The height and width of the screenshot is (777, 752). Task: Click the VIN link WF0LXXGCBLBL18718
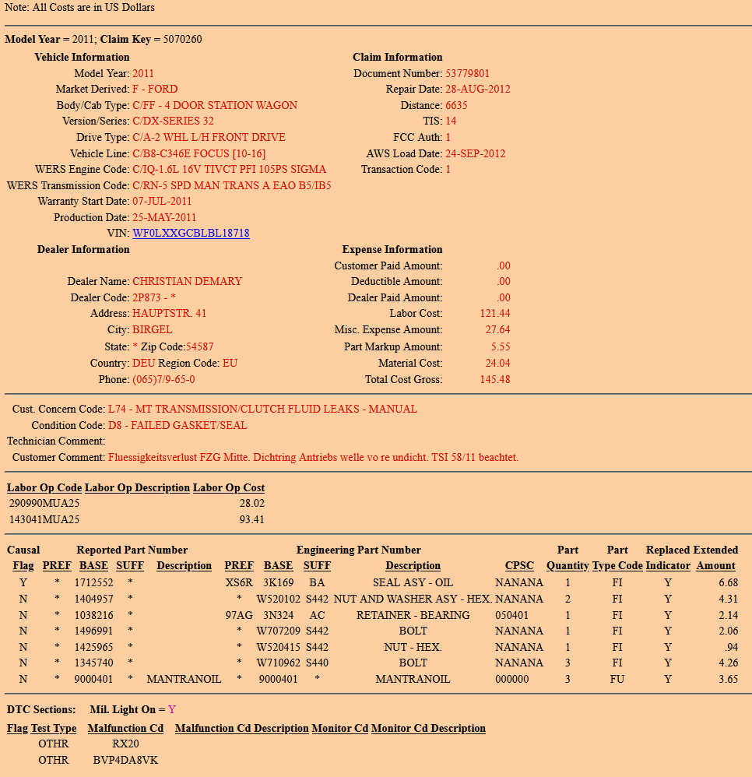(x=191, y=234)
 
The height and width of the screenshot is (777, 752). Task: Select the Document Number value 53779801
(x=468, y=73)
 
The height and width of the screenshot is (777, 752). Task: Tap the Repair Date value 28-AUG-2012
(x=477, y=90)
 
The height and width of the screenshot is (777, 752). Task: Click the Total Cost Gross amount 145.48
(x=495, y=380)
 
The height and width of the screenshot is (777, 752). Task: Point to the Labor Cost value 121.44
(x=495, y=314)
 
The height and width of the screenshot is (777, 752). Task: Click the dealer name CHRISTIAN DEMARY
(x=187, y=281)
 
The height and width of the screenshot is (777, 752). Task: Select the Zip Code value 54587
(x=199, y=346)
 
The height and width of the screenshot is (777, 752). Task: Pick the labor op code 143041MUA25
(x=44, y=520)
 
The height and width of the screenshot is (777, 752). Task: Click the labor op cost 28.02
(x=251, y=504)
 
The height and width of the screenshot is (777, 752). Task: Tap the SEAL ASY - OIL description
(x=413, y=582)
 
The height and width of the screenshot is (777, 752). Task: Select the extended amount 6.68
(x=729, y=582)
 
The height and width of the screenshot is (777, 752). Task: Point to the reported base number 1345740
(x=94, y=663)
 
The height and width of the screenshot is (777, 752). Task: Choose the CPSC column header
(x=519, y=566)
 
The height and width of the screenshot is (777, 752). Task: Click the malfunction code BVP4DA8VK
(x=125, y=760)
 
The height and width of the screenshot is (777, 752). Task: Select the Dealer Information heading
(x=83, y=250)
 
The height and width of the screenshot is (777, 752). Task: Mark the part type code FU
(x=617, y=680)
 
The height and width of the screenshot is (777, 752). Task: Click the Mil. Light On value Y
(x=172, y=710)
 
